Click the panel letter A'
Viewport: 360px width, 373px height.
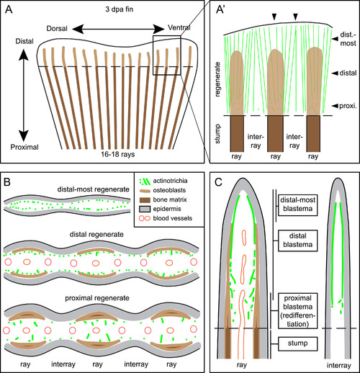(x=220, y=10)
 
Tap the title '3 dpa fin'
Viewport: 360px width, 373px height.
(x=120, y=9)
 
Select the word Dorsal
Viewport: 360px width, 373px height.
(x=57, y=29)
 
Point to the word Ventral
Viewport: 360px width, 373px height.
(x=179, y=27)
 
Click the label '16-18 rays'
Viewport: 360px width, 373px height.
(x=118, y=154)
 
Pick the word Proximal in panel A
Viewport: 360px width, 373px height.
(x=24, y=147)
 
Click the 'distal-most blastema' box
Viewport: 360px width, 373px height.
(x=297, y=205)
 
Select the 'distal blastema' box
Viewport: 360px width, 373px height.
(x=297, y=241)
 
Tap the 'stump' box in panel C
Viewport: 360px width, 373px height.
(x=297, y=344)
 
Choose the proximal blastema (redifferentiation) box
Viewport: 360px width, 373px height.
(x=297, y=311)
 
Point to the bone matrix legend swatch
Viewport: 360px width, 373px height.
(x=145, y=199)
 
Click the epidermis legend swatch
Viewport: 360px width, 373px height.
(x=145, y=209)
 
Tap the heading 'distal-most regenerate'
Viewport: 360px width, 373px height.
(x=94, y=189)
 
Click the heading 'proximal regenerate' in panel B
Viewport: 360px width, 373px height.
(x=97, y=298)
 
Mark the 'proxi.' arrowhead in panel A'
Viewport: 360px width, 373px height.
(x=335, y=106)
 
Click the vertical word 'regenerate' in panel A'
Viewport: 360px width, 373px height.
(x=217, y=79)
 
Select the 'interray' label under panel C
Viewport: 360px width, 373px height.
(x=338, y=365)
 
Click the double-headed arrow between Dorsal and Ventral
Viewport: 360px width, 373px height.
(x=118, y=29)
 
